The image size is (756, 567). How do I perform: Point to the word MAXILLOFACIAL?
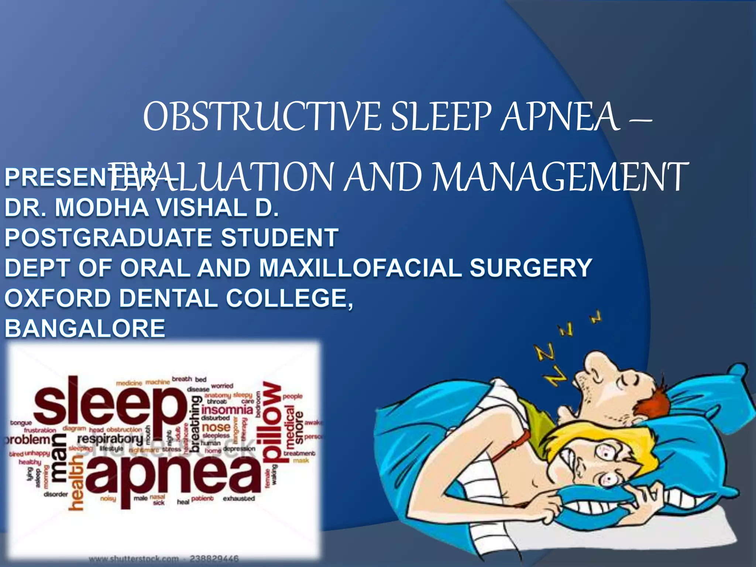click(x=360, y=268)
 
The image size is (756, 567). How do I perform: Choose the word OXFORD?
click(x=58, y=298)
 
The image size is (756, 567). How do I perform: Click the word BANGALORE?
click(x=85, y=328)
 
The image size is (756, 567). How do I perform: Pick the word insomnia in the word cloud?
click(x=227, y=410)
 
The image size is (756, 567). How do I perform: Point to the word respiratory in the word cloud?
click(x=110, y=439)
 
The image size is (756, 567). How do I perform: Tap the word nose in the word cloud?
click(x=216, y=427)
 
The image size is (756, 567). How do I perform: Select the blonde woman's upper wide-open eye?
click(x=607, y=453)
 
